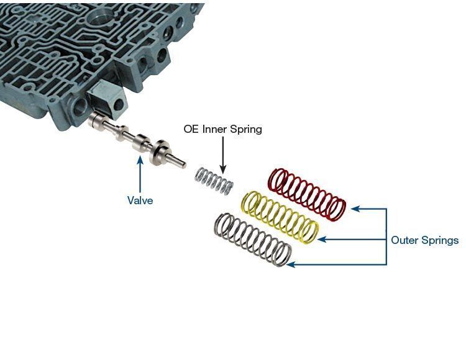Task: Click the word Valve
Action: coord(140,200)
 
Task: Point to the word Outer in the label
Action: coord(404,240)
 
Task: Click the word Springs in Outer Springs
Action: coord(439,240)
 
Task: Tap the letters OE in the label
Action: coord(191,129)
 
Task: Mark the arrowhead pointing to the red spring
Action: coord(355,209)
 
